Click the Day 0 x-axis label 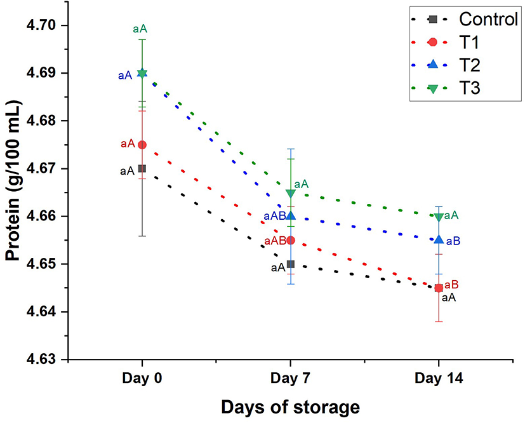[x=142, y=379]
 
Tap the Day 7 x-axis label [x=290, y=379]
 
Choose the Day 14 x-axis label [x=439, y=379]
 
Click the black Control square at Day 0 [x=142, y=168]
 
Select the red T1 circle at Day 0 [x=142, y=145]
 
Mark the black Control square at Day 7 [x=290, y=264]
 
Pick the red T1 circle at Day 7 [x=290, y=240]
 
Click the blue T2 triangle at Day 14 [x=439, y=239]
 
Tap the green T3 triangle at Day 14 [x=439, y=217]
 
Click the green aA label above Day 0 [x=141, y=29]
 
